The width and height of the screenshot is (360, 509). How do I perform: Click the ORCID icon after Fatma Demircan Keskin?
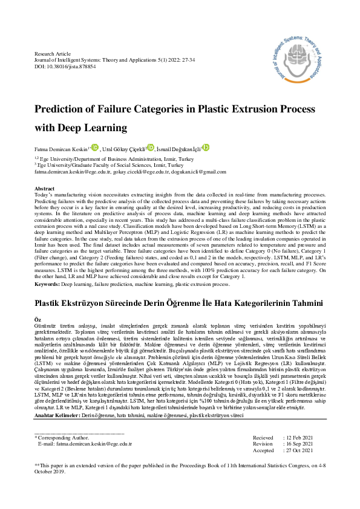94,146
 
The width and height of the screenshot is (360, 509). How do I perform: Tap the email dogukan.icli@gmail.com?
186,172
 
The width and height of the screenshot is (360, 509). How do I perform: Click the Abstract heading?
45,189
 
